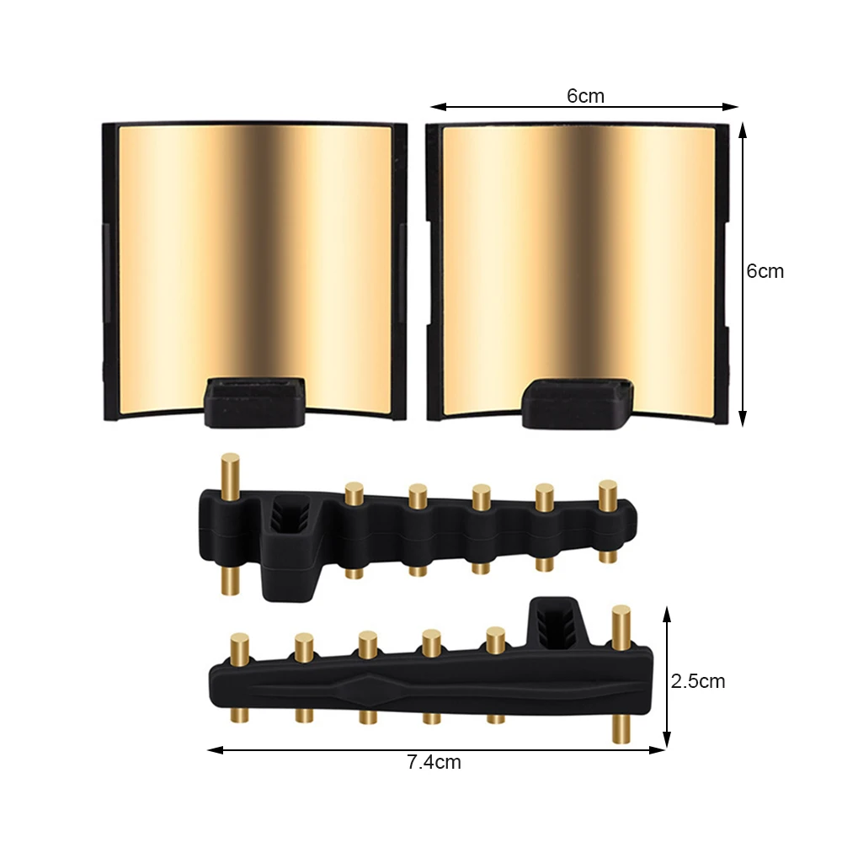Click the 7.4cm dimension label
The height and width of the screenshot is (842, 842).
pos(434,763)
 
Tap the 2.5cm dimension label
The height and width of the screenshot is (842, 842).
pos(698,681)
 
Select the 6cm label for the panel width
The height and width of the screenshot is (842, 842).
pos(585,96)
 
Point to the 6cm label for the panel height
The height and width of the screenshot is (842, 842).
pos(765,271)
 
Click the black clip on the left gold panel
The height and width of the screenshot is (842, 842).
pos(255,401)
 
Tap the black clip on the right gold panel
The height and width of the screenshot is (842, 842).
pos(578,401)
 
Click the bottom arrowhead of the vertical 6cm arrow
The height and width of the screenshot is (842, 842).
pos(742,420)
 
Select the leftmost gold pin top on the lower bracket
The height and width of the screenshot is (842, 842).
pos(240,641)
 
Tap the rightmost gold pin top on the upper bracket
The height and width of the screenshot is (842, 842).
pos(607,487)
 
